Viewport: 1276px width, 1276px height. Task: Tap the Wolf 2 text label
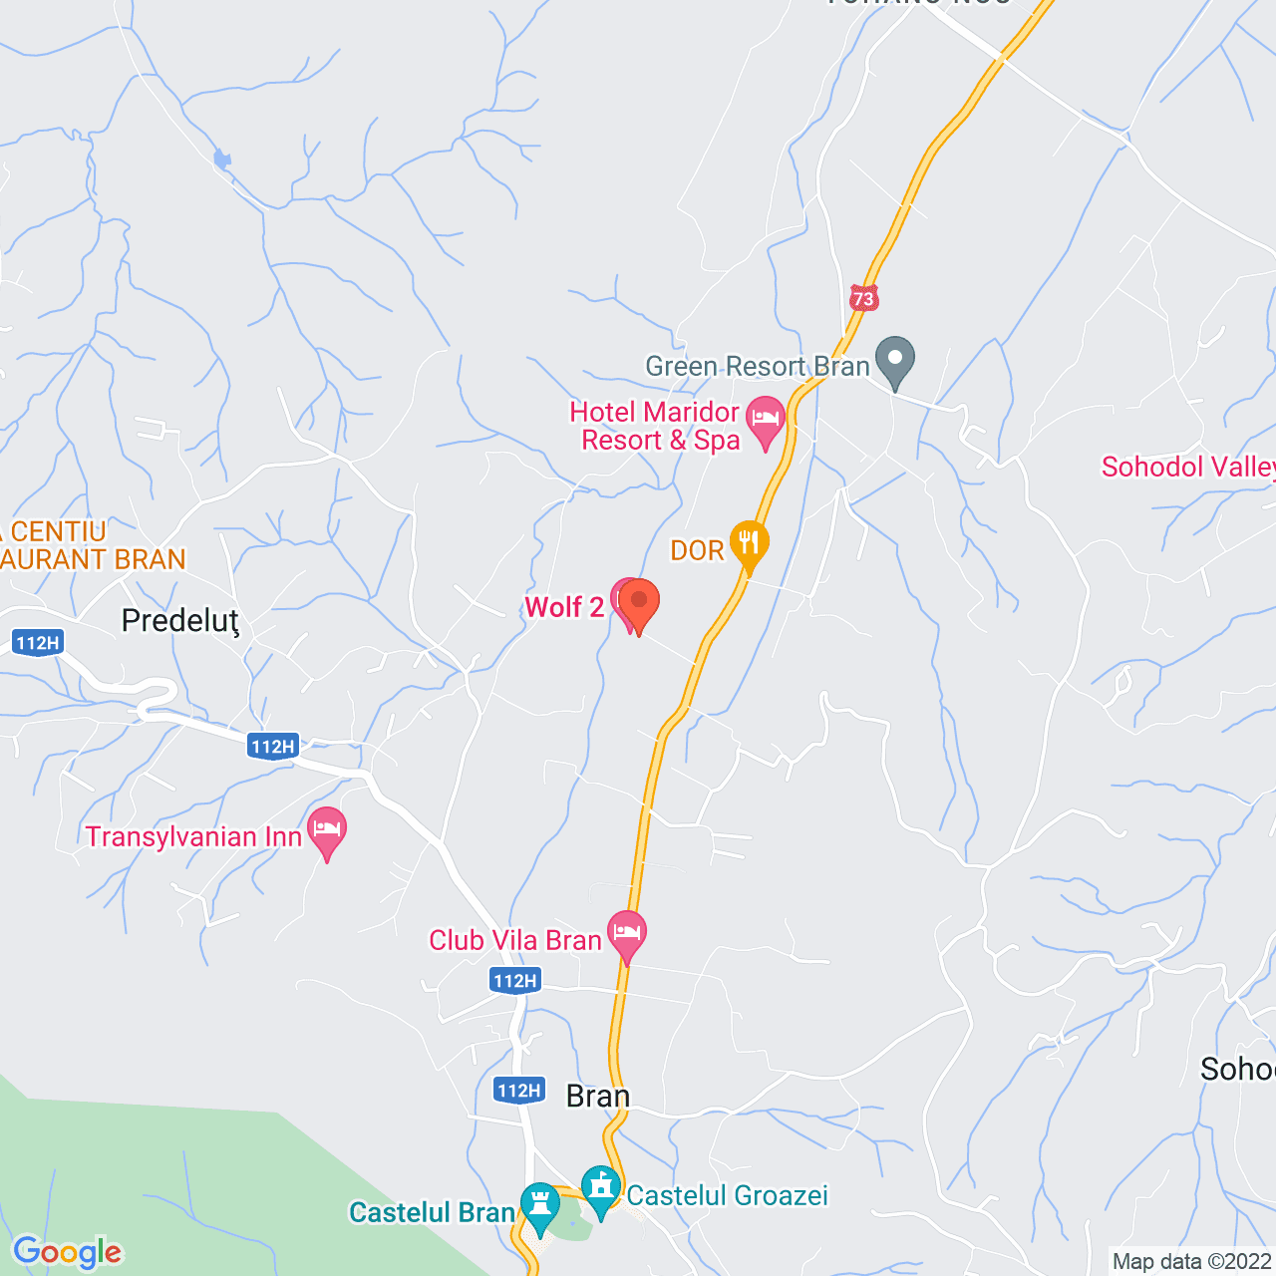(564, 607)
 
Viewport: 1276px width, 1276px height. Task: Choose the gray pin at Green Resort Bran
(895, 360)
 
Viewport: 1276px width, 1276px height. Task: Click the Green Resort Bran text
(758, 367)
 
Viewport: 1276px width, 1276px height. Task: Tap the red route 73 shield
(863, 298)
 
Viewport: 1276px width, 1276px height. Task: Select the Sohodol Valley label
(1186, 467)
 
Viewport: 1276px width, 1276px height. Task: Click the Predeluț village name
(180, 621)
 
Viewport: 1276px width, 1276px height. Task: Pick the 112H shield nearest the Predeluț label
(38, 643)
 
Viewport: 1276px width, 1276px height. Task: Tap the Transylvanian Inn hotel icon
(327, 829)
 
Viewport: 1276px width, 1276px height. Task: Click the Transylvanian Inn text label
(193, 836)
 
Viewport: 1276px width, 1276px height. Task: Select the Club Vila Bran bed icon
(627, 934)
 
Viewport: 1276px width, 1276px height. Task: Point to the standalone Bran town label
(598, 1097)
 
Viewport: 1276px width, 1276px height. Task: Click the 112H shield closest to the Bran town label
(519, 1090)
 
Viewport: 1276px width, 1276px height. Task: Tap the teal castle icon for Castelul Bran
(539, 1205)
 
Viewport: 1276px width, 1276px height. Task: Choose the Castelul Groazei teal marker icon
(600, 1188)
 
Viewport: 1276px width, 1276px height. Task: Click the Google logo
(68, 1252)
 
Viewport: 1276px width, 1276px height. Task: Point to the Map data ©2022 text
(1191, 1262)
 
